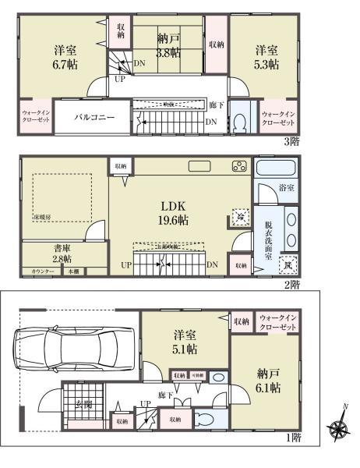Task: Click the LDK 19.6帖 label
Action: click(x=173, y=212)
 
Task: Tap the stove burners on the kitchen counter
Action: click(x=238, y=166)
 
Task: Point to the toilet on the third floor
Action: click(x=241, y=120)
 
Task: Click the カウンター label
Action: click(x=43, y=271)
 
